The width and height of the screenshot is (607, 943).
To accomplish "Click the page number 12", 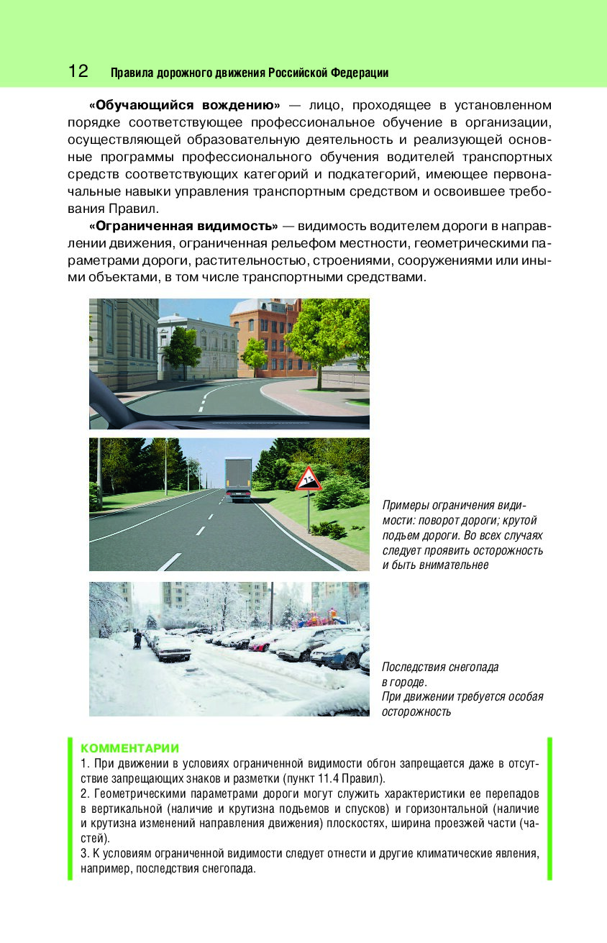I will click(x=78, y=71).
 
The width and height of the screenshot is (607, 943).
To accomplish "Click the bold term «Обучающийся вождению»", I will click(x=184, y=105).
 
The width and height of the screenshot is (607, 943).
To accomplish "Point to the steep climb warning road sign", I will click(x=308, y=479).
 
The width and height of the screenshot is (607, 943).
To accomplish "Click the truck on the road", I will click(x=239, y=477).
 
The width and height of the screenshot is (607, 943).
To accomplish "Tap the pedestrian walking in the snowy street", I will click(x=137, y=639).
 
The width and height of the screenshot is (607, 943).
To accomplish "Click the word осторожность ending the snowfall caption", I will click(x=416, y=712).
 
